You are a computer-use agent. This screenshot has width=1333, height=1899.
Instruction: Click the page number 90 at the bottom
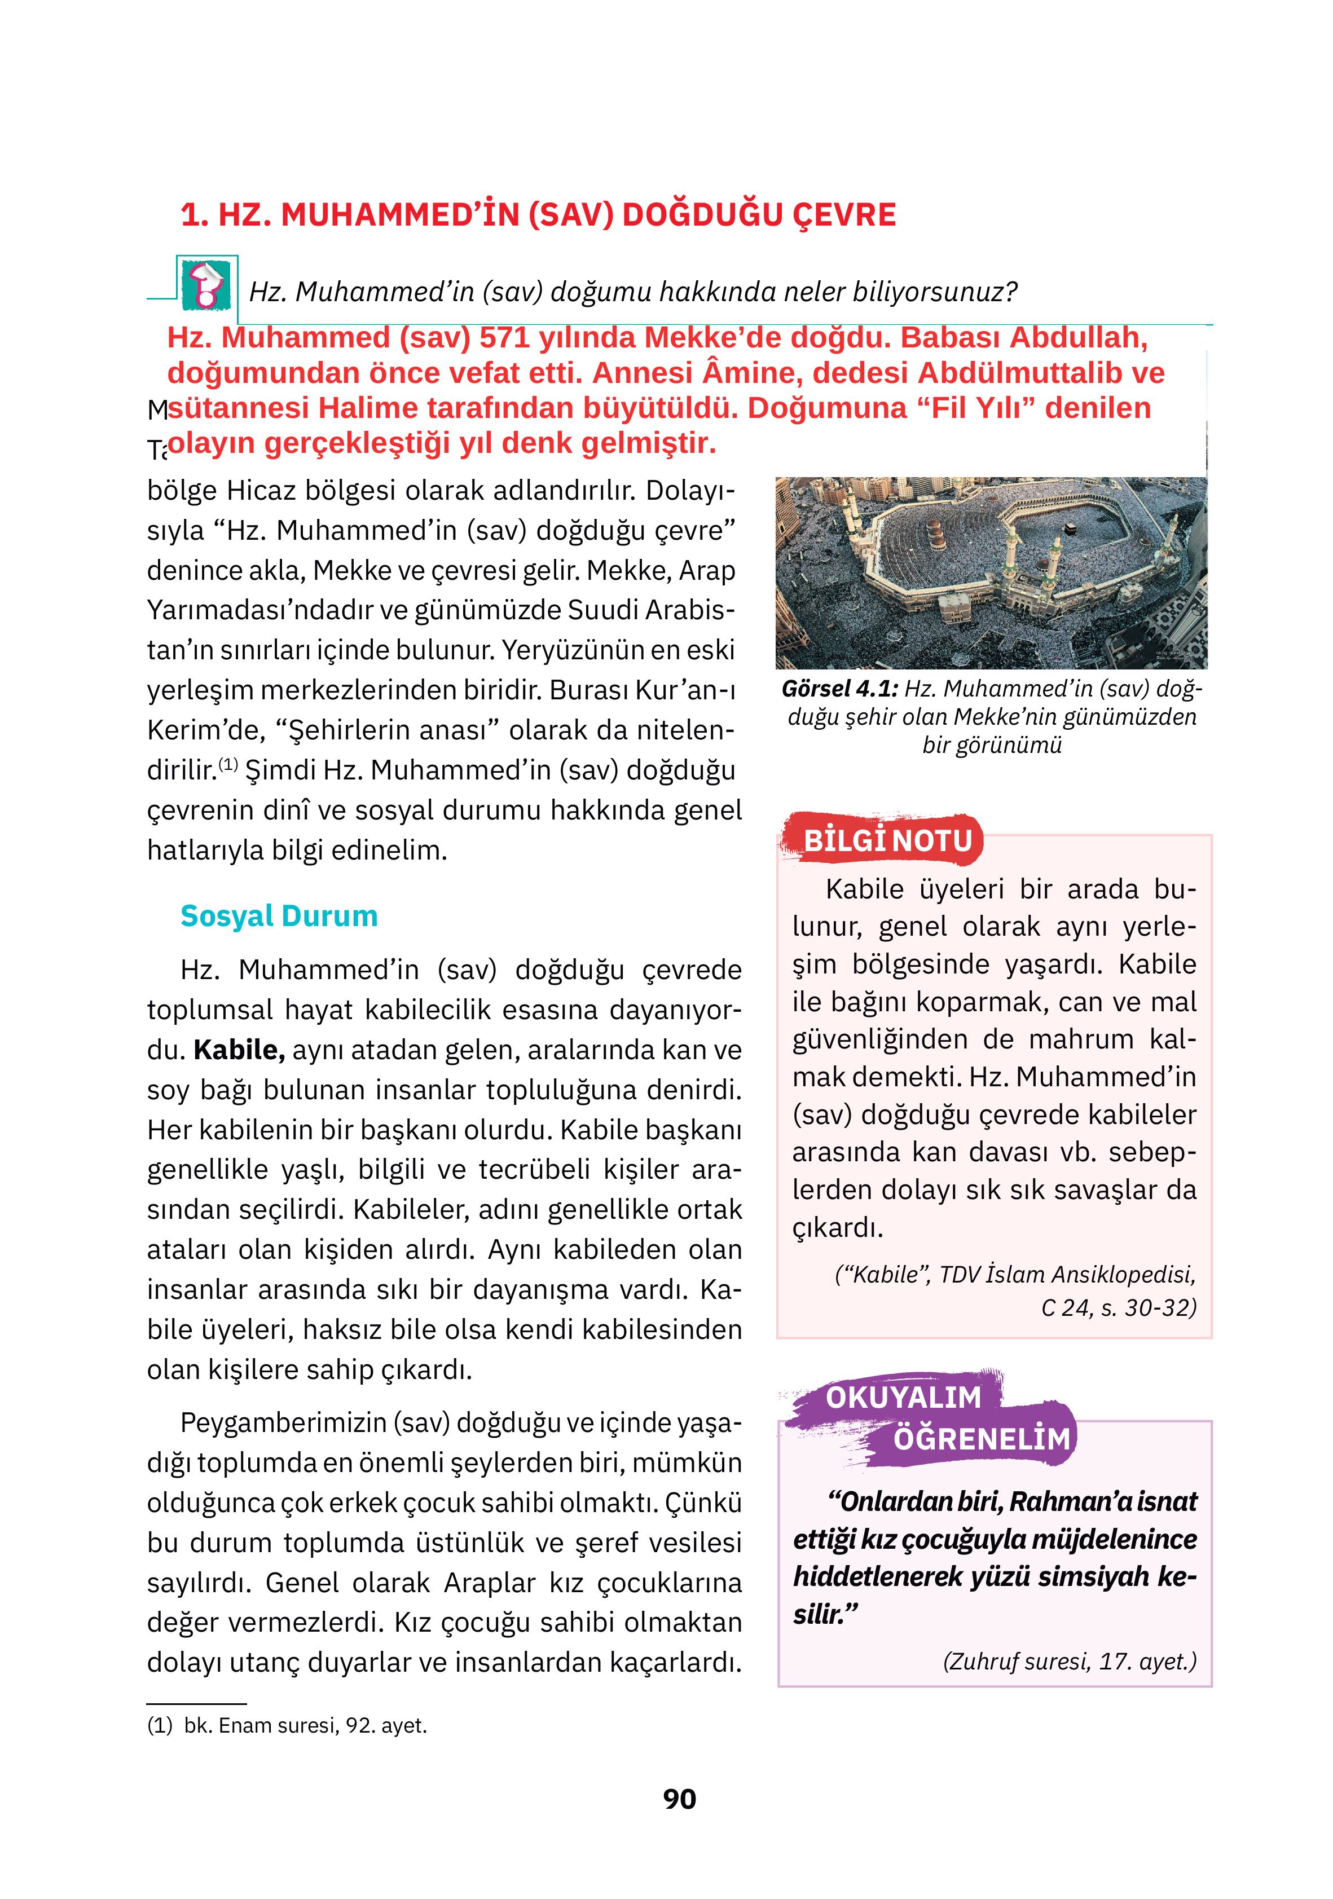pos(679,1798)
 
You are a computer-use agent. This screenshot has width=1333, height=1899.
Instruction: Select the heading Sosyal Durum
pos(279,915)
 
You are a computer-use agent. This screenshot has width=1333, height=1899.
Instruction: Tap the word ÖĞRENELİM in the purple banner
pos(982,1438)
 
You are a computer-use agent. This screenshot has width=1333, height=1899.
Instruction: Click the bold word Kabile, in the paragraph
pos(239,1050)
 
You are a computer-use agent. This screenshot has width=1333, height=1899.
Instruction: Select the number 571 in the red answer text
pos(504,337)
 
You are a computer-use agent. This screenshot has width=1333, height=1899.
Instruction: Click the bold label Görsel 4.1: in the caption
pos(839,689)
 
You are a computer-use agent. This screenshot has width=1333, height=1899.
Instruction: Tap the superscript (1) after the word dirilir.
pos(228,764)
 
